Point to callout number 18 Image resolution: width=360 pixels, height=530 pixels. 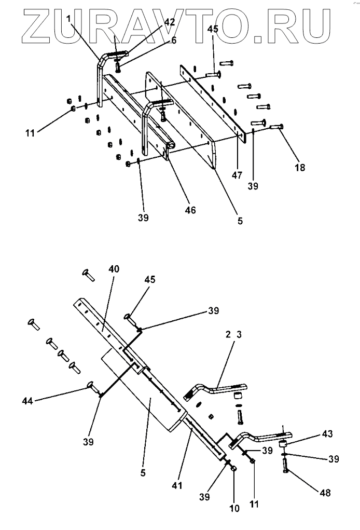300,167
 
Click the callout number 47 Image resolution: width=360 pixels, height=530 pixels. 237,176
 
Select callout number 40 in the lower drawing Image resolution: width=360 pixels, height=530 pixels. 114,269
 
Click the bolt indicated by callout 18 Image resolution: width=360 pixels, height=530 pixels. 276,127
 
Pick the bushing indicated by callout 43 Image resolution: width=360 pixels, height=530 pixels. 283,444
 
